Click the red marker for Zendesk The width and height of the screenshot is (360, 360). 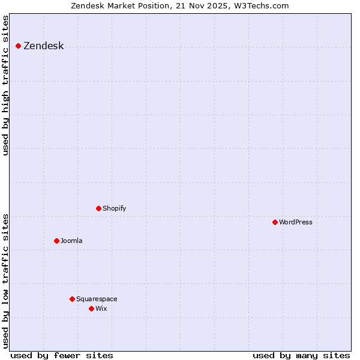pos(18,46)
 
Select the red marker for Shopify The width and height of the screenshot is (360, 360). pos(98,208)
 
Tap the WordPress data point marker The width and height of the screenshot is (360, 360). pos(275,222)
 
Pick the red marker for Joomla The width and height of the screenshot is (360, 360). pos(56,241)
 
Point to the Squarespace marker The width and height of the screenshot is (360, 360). pos(72,299)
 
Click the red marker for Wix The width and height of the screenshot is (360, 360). pos(91,308)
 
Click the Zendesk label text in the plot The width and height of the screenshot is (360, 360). pos(43,46)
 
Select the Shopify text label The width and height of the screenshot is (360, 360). pos(114,208)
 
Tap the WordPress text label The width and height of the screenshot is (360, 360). pos(295,222)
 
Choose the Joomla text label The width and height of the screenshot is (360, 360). pos(71,241)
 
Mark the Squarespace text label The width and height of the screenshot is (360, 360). pos(97,299)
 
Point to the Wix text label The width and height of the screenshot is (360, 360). pos(101,308)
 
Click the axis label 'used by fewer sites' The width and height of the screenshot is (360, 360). pos(62,355)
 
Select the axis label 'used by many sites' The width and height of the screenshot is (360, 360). pos(301,355)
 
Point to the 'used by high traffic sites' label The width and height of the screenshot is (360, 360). pos(6,85)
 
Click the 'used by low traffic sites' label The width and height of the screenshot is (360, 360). pos(6,280)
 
